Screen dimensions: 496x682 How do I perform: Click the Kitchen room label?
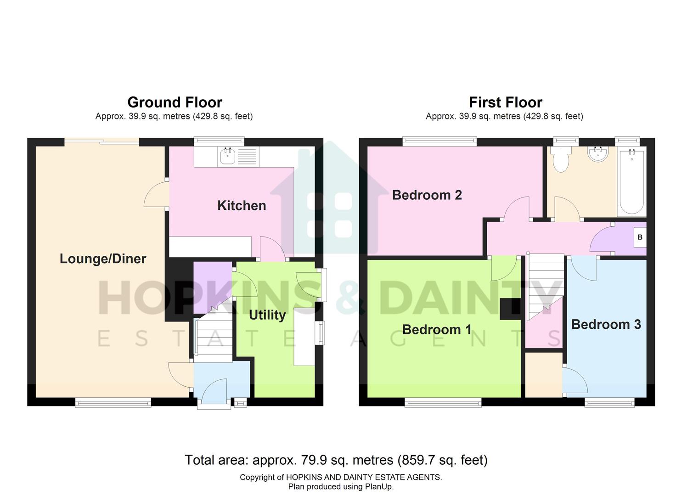[x=242, y=205]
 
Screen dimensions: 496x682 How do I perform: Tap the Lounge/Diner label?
[x=103, y=259]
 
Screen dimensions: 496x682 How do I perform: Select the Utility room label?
[x=267, y=315]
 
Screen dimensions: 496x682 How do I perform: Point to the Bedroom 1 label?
[x=436, y=329]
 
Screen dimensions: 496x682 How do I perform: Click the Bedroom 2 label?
[x=427, y=195]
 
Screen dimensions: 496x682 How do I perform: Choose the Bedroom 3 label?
[x=606, y=324]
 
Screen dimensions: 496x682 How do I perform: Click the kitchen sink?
[x=228, y=156]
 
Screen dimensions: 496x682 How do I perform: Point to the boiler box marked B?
[x=640, y=237]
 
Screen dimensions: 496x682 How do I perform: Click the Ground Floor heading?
[x=175, y=102]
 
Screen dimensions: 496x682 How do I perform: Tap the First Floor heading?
[x=505, y=102]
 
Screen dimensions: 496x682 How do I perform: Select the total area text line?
[x=336, y=460]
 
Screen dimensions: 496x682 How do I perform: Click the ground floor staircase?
[x=214, y=335]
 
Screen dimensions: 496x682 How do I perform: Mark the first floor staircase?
[x=545, y=285]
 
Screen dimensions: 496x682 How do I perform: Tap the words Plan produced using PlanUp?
[x=341, y=487]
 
